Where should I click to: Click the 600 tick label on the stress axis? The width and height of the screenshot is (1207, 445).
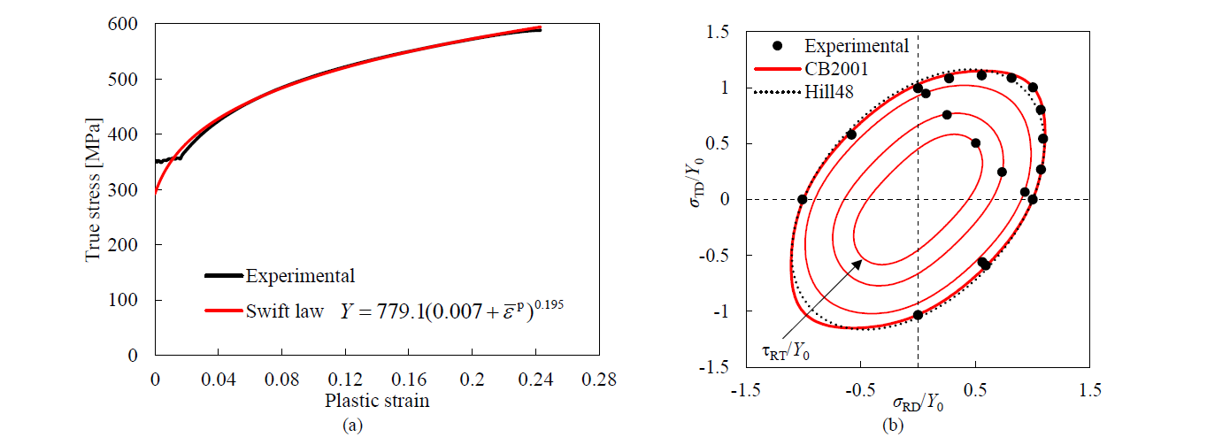122,24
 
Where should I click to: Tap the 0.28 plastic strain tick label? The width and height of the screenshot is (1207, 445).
599,380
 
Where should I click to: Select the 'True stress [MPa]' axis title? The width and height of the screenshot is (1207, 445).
93,189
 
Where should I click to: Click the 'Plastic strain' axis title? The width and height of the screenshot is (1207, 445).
377,401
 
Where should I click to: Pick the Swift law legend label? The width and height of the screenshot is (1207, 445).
285,311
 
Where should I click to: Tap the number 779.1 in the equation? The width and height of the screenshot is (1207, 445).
400,311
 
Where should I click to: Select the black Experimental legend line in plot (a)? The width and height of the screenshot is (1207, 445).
224,276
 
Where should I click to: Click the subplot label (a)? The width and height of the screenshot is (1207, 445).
352,426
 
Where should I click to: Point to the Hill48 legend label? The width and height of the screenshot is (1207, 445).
829,92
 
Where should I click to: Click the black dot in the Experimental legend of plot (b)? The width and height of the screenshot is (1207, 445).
777,46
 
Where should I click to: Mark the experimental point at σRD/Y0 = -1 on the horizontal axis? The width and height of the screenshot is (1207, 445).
803,199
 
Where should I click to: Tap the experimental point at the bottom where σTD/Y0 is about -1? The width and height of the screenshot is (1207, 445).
919,315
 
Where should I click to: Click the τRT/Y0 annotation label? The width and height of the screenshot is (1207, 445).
786,352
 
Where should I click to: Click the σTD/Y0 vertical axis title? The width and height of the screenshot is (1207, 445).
696,182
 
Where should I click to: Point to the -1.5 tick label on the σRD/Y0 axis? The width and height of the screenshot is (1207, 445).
746,390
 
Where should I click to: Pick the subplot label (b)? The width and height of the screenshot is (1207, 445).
892,426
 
